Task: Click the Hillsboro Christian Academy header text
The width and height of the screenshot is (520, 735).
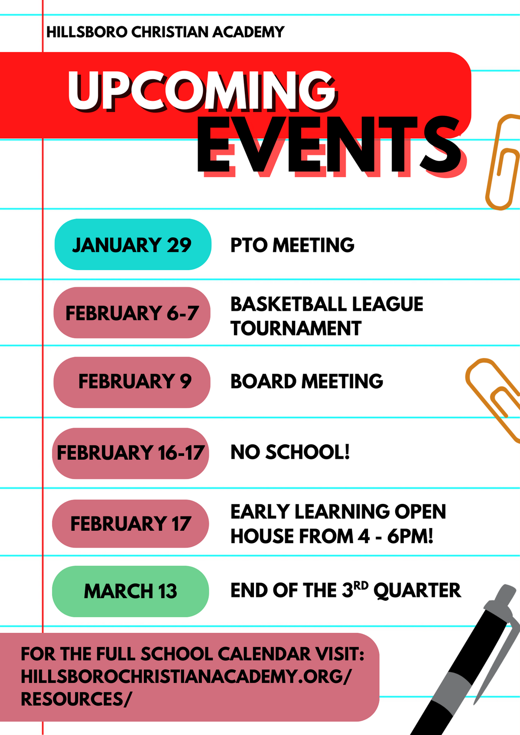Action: click(165, 32)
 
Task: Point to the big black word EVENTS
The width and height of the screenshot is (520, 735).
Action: click(329, 145)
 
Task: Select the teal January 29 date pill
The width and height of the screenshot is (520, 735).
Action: click(132, 245)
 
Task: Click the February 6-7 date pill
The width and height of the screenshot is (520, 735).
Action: click(132, 313)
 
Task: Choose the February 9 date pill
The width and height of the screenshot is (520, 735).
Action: click(132, 382)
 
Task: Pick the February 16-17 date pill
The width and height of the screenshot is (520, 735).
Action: click(130, 453)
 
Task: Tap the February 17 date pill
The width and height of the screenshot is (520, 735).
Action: click(130, 524)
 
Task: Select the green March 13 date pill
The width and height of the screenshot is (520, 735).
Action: click(130, 591)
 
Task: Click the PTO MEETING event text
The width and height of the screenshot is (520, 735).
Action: click(292, 245)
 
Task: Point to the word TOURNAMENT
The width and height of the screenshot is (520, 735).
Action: click(296, 329)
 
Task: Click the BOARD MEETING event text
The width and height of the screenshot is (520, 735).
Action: click(306, 382)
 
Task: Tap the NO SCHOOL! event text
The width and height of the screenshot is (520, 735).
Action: click(290, 452)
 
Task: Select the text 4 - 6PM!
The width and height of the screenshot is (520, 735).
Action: click(395, 536)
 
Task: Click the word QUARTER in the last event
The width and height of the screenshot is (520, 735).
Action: click(417, 590)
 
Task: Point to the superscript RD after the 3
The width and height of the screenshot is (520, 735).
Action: click(361, 586)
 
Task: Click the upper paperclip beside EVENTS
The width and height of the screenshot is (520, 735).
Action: click(503, 162)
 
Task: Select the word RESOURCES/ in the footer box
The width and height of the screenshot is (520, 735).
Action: click(75, 699)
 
